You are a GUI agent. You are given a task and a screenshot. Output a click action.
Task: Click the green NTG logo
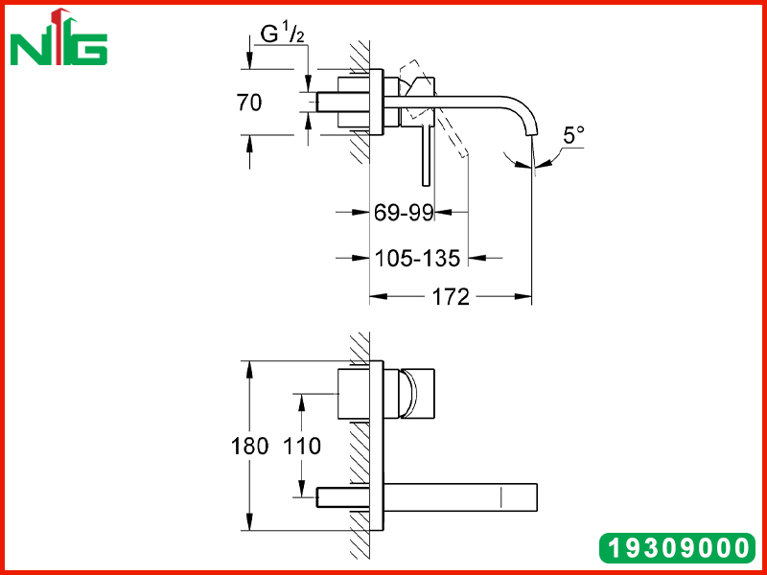(x=58, y=37)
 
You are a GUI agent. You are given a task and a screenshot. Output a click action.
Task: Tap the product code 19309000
(x=678, y=547)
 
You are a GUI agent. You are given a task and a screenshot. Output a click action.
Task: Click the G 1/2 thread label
(x=283, y=34)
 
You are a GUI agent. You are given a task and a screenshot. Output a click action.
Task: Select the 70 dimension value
(x=249, y=103)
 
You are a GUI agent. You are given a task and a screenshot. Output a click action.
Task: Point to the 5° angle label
(x=573, y=135)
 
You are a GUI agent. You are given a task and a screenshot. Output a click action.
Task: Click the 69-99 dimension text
(x=404, y=213)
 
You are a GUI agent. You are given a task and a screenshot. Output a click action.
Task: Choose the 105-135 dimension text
(x=417, y=258)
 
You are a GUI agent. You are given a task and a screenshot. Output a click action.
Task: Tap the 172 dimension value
(x=451, y=297)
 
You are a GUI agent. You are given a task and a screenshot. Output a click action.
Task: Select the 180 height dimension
(x=249, y=446)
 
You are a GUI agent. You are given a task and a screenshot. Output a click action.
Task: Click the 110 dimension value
(x=302, y=446)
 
